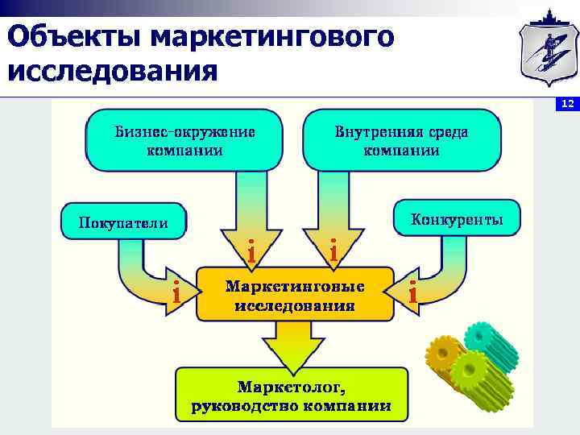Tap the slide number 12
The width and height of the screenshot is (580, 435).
click(567, 105)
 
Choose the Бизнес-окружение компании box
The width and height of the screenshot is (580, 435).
click(184, 141)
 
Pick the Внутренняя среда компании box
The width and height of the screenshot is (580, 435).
click(401, 141)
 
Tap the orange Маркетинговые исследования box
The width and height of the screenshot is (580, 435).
click(294, 296)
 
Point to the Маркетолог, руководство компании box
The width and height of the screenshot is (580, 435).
click(291, 396)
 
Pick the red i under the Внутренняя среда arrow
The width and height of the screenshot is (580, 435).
click(333, 251)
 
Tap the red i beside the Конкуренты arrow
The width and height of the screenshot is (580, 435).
click(412, 293)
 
